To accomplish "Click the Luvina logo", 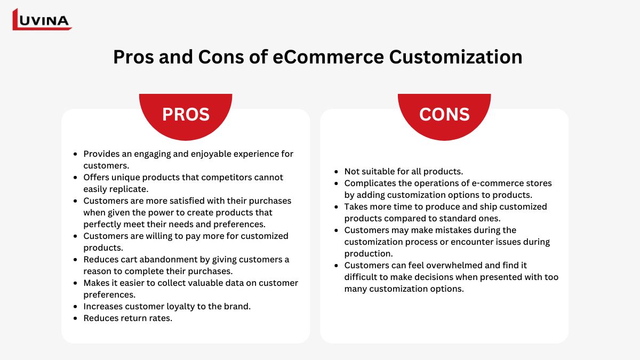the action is click(42, 19).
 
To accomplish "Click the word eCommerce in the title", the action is click(328, 57).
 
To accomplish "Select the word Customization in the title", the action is click(455, 57).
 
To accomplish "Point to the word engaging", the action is click(153, 154).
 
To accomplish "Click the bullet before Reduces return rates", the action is click(75, 318).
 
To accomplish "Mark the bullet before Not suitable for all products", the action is click(337, 172).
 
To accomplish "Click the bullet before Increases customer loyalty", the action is click(75, 307).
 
